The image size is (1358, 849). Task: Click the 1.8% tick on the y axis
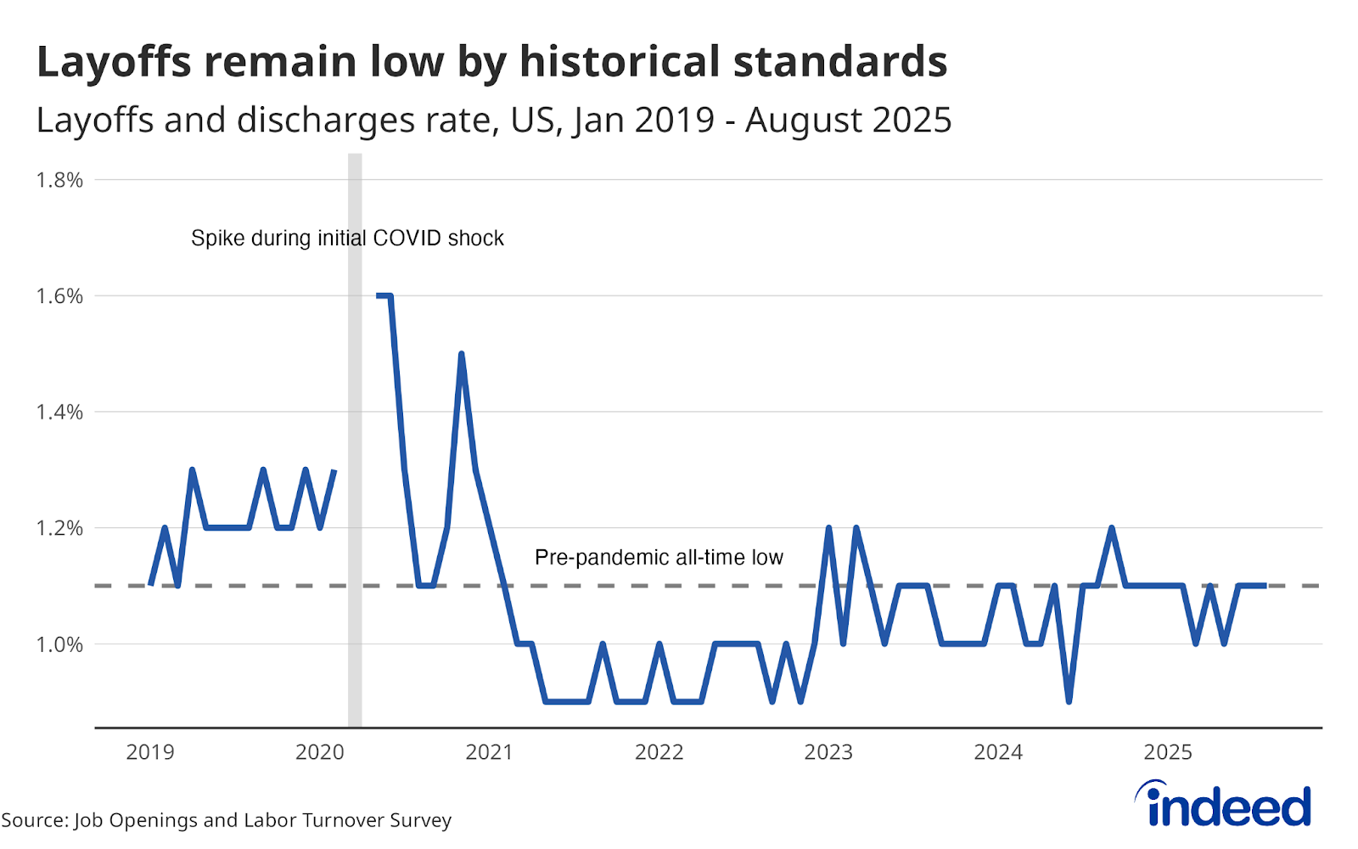pos(59,180)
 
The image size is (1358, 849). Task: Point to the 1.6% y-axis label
pos(59,296)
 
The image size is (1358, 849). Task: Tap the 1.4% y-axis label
pos(59,413)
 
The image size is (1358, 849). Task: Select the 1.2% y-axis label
pos(59,528)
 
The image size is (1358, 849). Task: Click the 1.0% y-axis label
pos(59,644)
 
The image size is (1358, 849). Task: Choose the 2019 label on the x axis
pos(150,752)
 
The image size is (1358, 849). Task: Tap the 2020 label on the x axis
pos(320,752)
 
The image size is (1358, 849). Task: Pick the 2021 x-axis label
pos(490,752)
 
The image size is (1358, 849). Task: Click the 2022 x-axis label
pos(659,752)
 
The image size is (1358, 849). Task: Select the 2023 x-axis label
pos(828,752)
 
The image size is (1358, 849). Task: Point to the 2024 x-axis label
pos(998,752)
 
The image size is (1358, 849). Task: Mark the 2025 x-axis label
pos(1168,752)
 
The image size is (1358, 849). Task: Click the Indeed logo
pos(1224,804)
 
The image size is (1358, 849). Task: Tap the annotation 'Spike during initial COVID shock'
pos(347,239)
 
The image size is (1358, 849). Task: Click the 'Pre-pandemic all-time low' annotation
pos(659,558)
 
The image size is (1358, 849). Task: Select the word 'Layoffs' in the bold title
pos(114,62)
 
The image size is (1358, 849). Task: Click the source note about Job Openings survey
pos(227,820)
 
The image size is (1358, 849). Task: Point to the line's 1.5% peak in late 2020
pos(461,354)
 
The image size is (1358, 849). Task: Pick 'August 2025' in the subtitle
pos(848,121)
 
